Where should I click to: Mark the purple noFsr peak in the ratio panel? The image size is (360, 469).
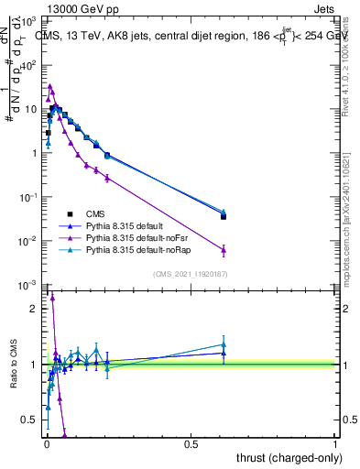pyautogui.click(x=52, y=298)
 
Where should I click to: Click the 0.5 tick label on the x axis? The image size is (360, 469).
pyautogui.click(x=191, y=443)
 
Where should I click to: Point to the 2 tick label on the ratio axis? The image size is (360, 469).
pyautogui.click(x=36, y=309)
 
